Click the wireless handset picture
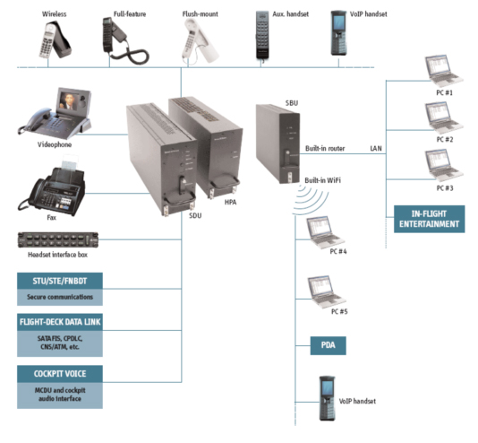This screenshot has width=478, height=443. coord(55,39)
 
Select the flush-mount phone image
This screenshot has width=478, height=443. coord(200,41)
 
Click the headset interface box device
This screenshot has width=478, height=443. coord(58,240)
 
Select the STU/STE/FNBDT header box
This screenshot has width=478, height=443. coord(60,281)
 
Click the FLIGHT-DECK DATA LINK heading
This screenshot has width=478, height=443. coord(60,322)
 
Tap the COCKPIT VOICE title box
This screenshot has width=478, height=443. coord(60,374)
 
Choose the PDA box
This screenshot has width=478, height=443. coord(328,345)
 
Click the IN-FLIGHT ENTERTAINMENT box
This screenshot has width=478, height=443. coord(430,219)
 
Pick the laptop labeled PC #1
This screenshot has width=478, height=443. coord(444,72)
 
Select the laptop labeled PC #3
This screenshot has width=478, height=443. coord(444,167)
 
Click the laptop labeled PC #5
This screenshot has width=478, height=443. coord(326,291)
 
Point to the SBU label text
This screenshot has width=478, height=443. coord(292,103)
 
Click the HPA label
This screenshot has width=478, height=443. coord(230,202)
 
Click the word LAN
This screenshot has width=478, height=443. coord(376,148)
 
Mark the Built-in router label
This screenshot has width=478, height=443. coord(325,148)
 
